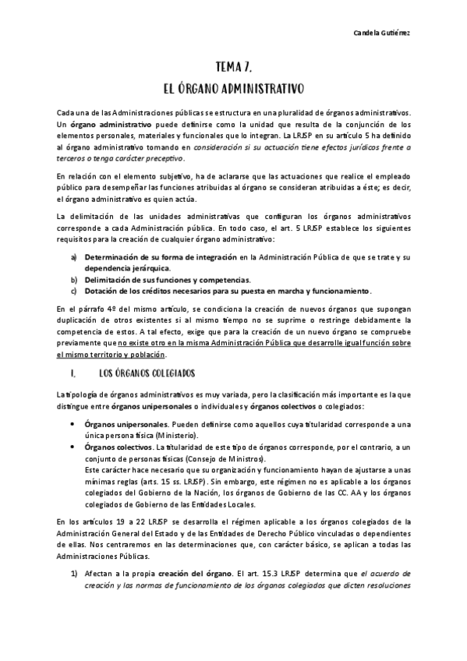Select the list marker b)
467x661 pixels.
pos(74,279)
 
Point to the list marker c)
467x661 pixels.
pos(74,291)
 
